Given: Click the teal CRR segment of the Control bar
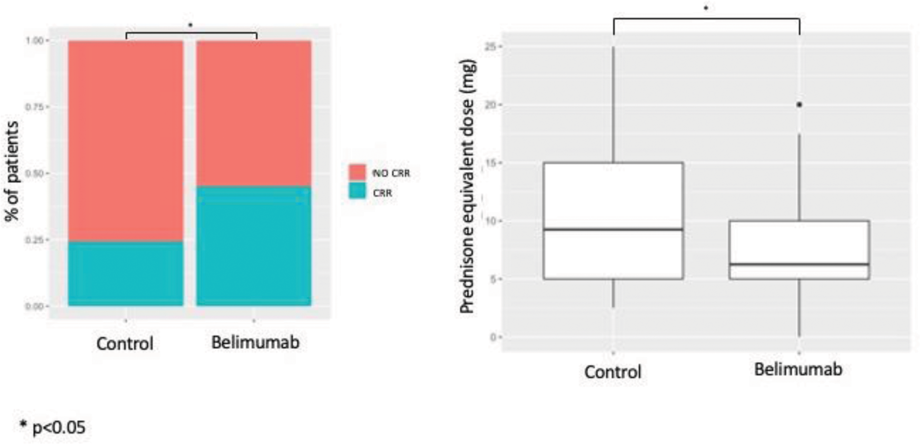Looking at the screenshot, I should coord(126,273).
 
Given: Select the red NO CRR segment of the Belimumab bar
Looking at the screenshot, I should coord(254,113).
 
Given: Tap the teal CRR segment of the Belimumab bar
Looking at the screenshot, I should coord(254,245).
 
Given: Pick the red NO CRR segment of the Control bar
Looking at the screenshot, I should coord(126,141).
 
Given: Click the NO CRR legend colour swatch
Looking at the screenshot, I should coord(357,172).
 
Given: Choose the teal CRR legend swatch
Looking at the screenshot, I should coord(357,192).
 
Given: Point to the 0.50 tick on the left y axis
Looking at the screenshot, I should coord(35,173).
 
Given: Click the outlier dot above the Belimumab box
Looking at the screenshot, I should coord(799,105).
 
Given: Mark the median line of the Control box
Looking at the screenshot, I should coord(613,229).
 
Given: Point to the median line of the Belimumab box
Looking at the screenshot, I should coord(799,264).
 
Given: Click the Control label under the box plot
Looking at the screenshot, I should coord(613,372).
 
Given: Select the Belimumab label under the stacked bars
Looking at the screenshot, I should coord(255,343).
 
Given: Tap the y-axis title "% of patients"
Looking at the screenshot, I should coord(13,172).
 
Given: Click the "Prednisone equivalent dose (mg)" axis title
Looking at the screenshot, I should coord(468,186).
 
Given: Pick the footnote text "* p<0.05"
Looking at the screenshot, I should coord(53,427).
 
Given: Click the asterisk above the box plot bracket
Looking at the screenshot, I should coord(706,8).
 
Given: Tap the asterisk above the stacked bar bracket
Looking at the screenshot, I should coord(190,25).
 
